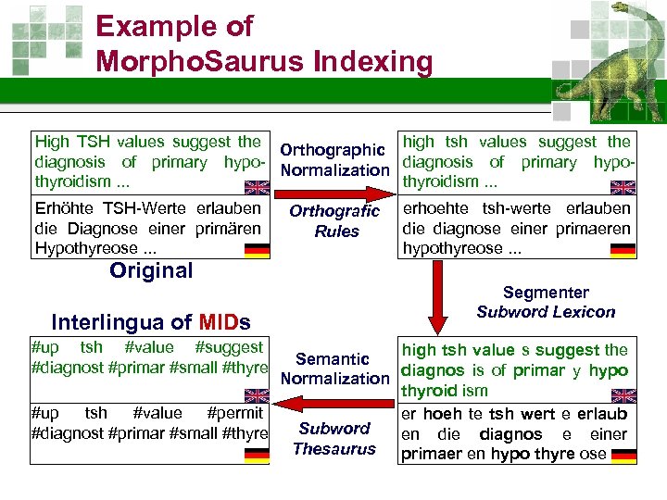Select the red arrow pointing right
click(334, 194)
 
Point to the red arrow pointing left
click(334, 403)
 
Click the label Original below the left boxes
click(151, 270)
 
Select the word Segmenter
click(546, 293)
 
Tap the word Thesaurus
click(334, 449)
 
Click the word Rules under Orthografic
click(335, 231)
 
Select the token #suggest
click(229, 347)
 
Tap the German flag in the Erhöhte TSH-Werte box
click(257, 250)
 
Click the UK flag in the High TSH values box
click(257, 185)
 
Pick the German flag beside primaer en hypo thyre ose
click(623, 456)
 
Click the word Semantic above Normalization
click(333, 358)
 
